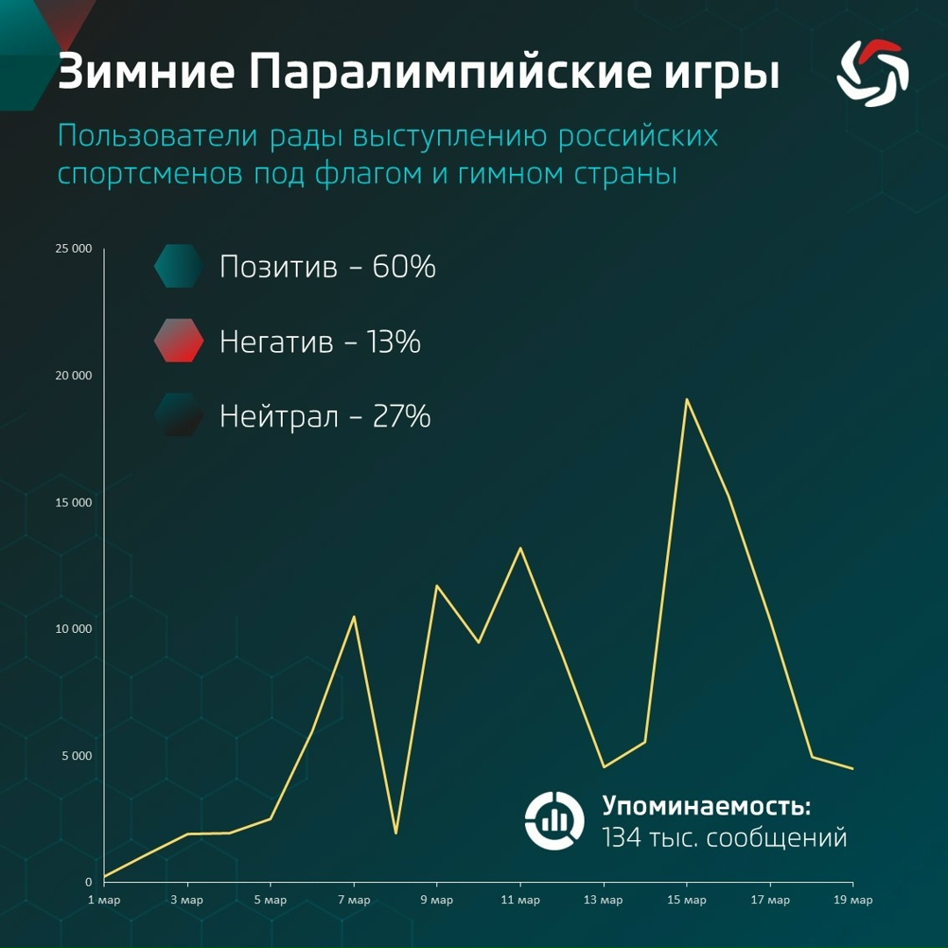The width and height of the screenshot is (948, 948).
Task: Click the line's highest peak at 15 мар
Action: (686, 399)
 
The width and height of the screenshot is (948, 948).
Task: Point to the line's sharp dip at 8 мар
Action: (396, 832)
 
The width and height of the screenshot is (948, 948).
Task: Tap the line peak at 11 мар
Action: (520, 549)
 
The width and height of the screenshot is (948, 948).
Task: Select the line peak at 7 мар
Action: (354, 616)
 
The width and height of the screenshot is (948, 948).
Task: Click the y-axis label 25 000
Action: (73, 248)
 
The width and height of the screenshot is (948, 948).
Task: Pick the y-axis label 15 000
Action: (73, 502)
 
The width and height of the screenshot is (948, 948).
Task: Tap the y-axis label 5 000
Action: (76, 756)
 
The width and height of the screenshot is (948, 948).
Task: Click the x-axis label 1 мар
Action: (104, 901)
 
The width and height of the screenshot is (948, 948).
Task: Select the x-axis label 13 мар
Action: (603, 901)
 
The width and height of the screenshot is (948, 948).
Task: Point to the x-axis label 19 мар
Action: (852, 901)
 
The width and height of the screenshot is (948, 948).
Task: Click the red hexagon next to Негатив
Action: (179, 341)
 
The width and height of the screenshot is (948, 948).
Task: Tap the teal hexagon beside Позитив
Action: (179, 266)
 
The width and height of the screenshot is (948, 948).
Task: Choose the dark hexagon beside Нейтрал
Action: (179, 415)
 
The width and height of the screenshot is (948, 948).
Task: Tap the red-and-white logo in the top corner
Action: (873, 74)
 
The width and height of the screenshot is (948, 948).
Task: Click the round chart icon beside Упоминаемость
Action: (554, 821)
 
